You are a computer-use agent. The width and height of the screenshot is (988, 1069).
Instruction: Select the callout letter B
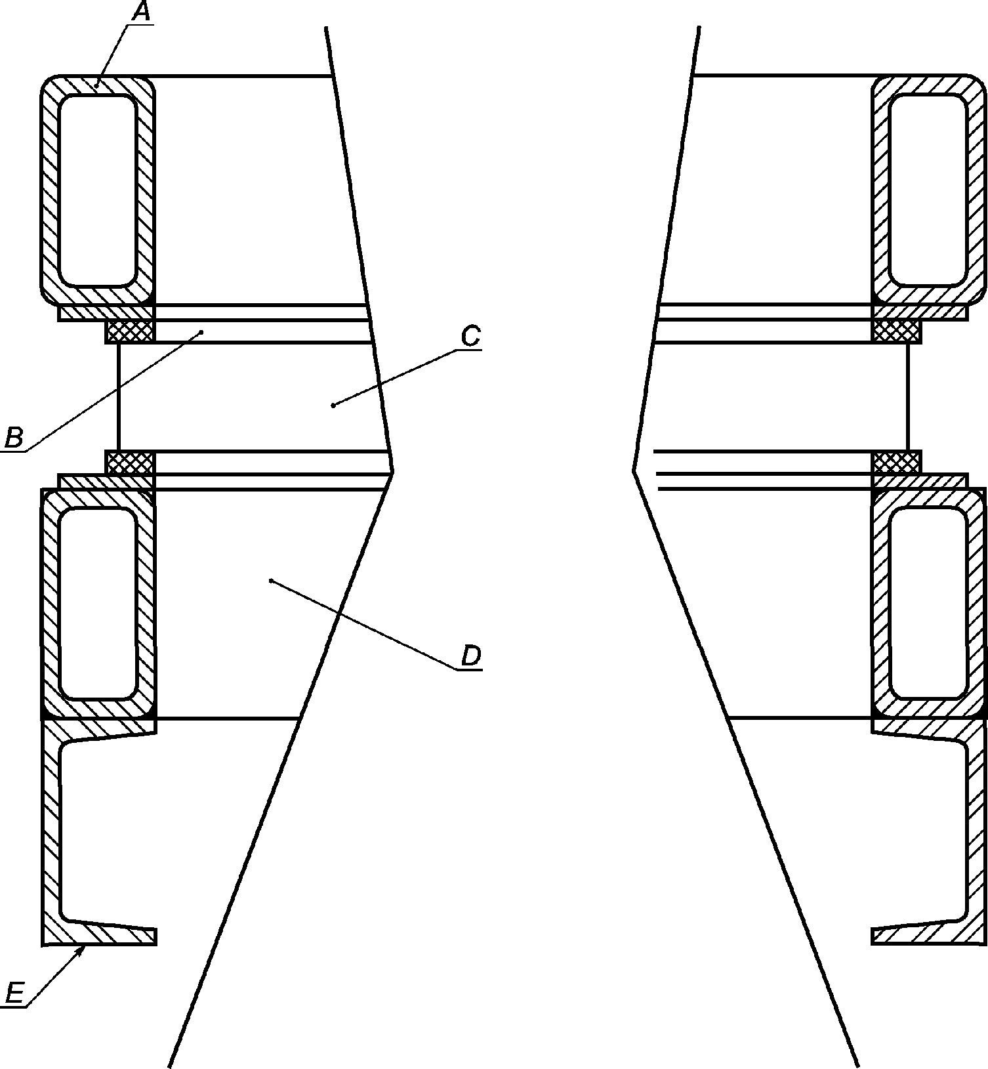(14, 437)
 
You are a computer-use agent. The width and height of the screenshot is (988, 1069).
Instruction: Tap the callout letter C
(471, 337)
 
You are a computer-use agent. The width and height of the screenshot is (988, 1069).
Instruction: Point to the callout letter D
(471, 656)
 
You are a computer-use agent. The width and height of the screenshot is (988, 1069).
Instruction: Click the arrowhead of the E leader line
(81, 950)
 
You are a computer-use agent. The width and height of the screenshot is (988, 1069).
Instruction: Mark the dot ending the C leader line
(333, 405)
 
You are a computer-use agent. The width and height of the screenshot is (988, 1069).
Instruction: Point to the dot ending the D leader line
(271, 580)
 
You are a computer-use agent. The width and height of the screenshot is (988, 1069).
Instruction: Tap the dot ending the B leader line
(202, 332)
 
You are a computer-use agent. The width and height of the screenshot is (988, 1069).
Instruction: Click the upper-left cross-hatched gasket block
(130, 331)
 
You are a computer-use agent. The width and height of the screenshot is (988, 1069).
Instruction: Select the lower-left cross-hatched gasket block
(130, 463)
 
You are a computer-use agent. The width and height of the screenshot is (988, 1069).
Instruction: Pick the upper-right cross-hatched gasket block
(896, 331)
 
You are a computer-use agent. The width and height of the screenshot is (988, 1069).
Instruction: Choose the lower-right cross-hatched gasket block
(896, 463)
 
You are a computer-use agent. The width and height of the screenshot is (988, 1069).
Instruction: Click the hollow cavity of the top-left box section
(98, 190)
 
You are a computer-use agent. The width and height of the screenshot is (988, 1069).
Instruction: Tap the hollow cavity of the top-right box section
(927, 190)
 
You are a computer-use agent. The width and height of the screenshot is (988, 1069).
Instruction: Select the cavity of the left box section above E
(98, 603)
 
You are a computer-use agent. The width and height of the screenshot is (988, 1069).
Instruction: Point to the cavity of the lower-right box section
(927, 603)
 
